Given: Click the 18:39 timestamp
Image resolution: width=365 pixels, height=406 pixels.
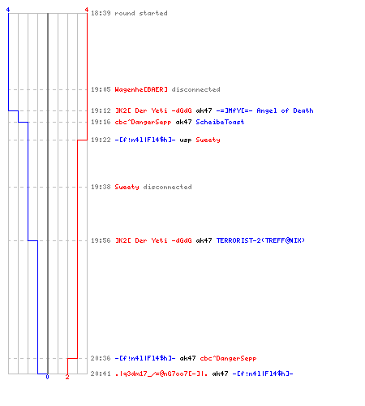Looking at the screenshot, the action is [x=101, y=13].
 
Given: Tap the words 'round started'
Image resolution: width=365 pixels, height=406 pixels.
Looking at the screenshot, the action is [x=141, y=13].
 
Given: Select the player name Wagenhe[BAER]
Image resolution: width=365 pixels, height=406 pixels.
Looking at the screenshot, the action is [x=141, y=89].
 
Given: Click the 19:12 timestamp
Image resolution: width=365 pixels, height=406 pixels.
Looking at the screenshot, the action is [x=101, y=110].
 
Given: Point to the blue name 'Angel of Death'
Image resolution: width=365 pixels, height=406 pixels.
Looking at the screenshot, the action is [x=285, y=110].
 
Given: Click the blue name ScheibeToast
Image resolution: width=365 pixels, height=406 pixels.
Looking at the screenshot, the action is [x=220, y=122].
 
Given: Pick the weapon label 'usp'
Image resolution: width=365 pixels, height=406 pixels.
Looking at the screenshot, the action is [x=186, y=140].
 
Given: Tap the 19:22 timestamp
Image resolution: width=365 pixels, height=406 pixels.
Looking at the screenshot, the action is [x=101, y=140].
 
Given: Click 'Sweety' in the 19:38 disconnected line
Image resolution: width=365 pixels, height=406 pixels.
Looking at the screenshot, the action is [x=127, y=187].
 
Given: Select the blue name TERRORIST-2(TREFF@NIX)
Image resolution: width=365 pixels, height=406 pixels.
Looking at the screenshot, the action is [x=260, y=240].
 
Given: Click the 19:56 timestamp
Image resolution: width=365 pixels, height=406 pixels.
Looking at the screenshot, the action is [x=101, y=240].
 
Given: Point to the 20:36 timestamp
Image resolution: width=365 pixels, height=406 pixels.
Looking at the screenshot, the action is [x=101, y=358].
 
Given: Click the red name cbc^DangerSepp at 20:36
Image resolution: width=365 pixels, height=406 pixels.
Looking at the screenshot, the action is [x=228, y=358].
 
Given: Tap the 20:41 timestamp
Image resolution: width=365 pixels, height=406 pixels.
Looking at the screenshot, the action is [x=101, y=374].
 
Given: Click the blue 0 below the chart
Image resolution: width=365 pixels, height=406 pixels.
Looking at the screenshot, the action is [x=47, y=377].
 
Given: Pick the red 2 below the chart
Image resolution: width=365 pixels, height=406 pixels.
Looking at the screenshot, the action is [x=67, y=377].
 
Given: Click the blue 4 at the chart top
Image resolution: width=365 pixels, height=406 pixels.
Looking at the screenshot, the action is [x=8, y=10].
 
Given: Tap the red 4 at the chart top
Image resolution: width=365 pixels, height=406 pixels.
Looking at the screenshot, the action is [x=87, y=10].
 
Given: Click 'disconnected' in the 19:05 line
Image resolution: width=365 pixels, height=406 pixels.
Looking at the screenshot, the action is [x=195, y=89].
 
